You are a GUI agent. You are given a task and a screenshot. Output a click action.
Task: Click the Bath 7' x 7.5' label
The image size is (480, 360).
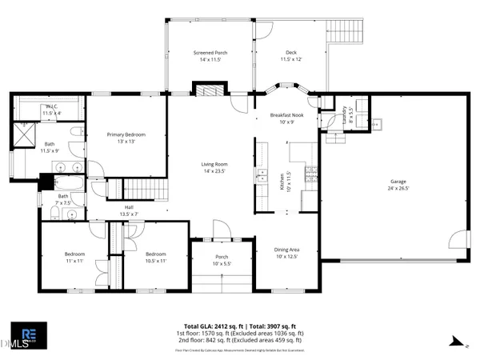[63, 199]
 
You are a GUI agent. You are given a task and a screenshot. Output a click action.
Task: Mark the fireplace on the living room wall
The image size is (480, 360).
[203, 90]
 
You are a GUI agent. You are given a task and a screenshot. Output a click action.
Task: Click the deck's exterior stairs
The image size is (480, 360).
[351, 32]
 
